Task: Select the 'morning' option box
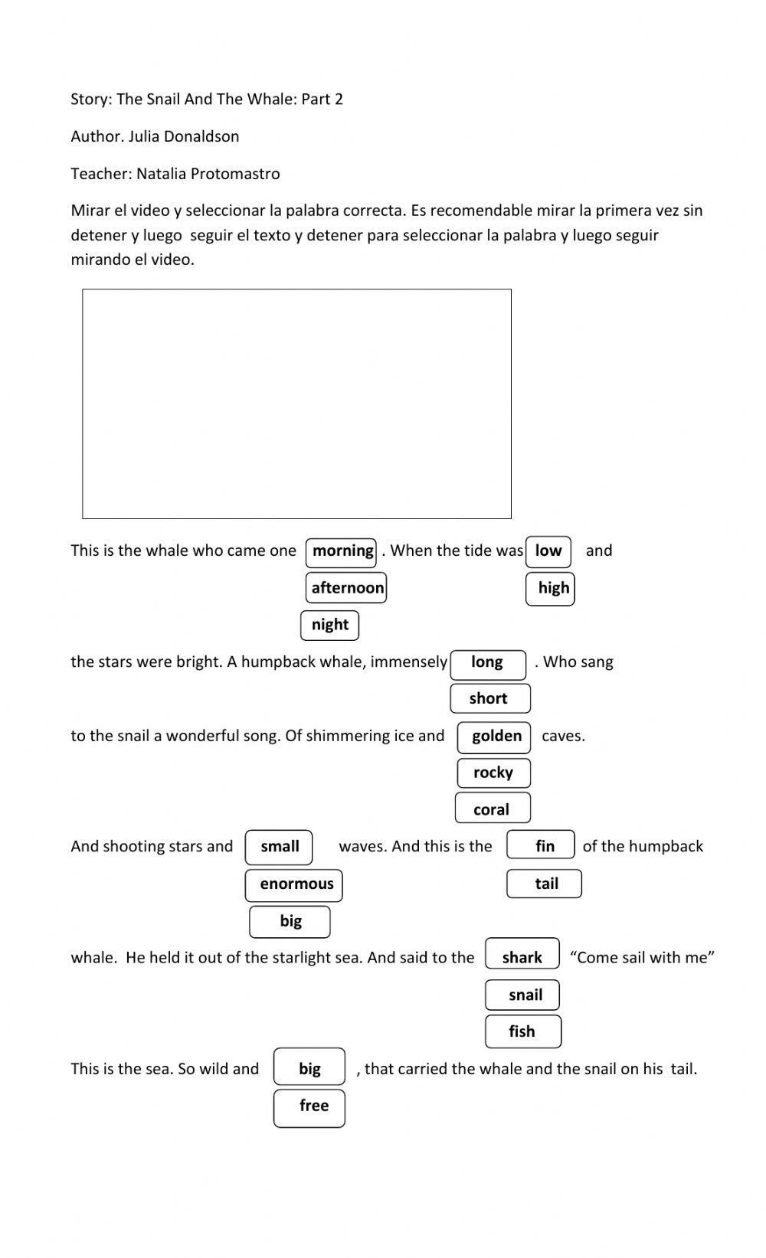[341, 551]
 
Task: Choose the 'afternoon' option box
[346, 588]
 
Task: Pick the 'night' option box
[330, 625]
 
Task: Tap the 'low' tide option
[548, 551]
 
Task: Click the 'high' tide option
[551, 588]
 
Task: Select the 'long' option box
[488, 663]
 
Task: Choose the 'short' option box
[489, 698]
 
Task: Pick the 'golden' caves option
[494, 737]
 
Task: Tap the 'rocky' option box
[493, 773]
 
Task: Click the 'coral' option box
[493, 809]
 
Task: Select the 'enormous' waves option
[294, 884]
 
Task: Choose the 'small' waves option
[279, 847]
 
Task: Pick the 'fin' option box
[542, 846]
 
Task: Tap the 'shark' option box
[522, 958]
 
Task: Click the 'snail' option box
[524, 995]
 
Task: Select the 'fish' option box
[523, 1031]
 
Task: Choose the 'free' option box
[310, 1106]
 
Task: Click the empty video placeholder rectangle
[296, 404]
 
